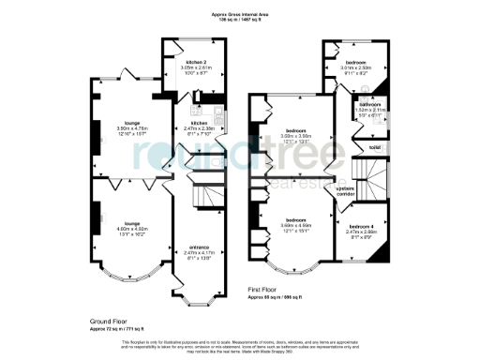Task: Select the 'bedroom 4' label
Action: click(362, 227)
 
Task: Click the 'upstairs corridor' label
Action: click(345, 190)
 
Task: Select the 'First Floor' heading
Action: click(264, 292)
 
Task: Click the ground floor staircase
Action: click(204, 195)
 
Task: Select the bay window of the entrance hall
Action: click(196, 299)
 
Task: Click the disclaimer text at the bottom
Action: click(240, 347)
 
